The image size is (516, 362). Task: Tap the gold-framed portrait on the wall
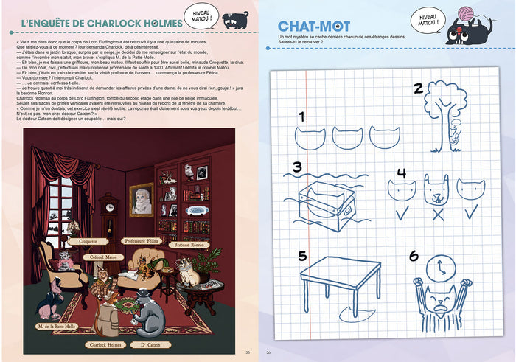(142, 201)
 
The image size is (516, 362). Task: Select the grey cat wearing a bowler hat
(151, 315)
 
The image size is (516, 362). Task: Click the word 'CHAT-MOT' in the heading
(310, 26)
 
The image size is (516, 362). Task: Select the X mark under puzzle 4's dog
(436, 215)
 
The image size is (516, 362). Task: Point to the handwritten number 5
(302, 256)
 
